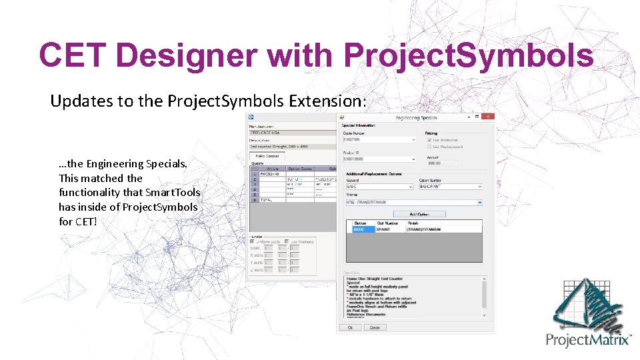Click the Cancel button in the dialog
[x=375, y=327]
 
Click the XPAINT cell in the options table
[x=387, y=229]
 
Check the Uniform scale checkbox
[x=253, y=241]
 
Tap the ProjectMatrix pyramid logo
[x=589, y=304]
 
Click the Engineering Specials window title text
[x=417, y=118]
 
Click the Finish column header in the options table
[x=413, y=223]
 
